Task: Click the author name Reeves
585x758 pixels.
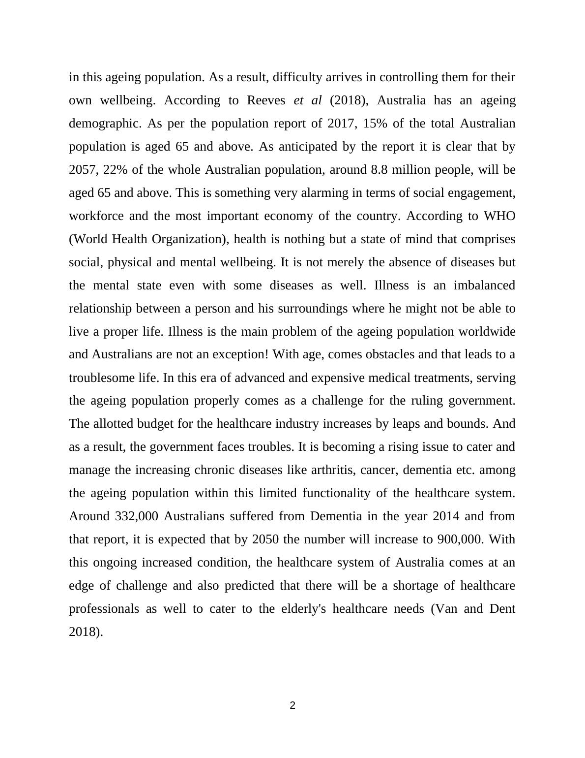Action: click(x=265, y=100)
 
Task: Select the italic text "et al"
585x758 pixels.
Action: click(x=307, y=100)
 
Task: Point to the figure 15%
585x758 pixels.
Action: click(x=374, y=124)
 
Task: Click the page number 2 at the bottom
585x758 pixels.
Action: click(x=292, y=705)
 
